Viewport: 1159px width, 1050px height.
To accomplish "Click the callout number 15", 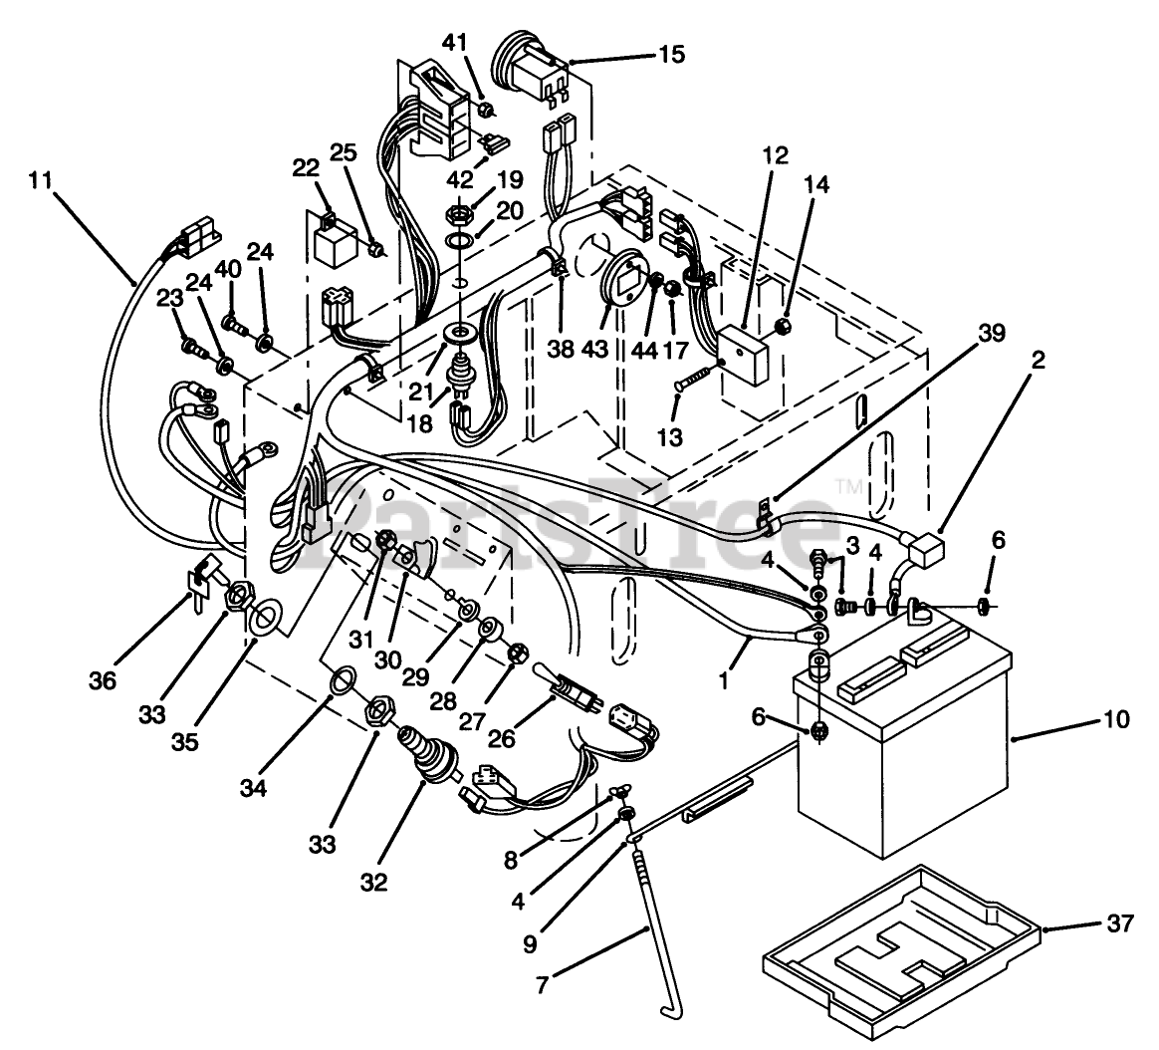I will (x=671, y=54).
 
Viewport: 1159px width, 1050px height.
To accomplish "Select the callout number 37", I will (x=1119, y=924).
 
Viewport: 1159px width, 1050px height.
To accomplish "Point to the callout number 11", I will (x=39, y=181).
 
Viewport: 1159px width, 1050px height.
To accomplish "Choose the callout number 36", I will (x=103, y=680).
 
